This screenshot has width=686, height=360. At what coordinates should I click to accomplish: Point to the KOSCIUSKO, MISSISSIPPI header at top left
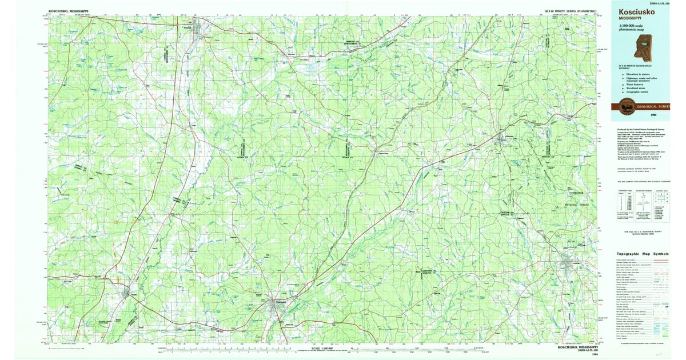(69, 11)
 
